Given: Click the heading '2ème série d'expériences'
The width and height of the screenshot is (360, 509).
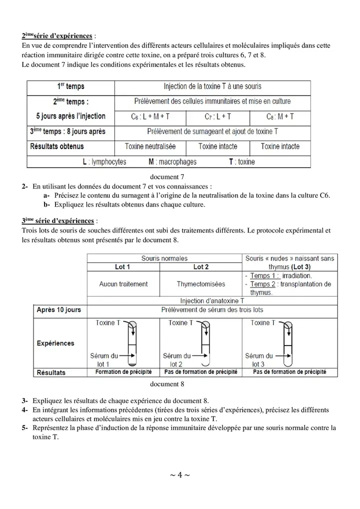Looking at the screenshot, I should point(57,36).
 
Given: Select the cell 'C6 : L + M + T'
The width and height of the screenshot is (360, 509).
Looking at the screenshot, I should point(150,116).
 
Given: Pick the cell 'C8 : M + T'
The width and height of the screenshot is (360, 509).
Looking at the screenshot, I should point(280,116).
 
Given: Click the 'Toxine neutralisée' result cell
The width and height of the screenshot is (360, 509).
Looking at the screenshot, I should point(150,146).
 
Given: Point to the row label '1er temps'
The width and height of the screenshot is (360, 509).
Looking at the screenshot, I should point(67,87).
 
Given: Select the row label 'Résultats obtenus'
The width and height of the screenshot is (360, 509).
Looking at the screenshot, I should point(57,146).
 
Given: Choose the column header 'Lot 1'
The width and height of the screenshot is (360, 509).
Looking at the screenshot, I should point(123,267).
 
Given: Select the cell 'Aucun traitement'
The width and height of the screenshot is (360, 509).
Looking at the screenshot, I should point(123,284).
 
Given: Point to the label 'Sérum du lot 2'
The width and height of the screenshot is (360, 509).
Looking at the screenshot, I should point(175,360).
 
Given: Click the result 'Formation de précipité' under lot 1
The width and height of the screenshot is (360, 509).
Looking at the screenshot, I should point(123,372).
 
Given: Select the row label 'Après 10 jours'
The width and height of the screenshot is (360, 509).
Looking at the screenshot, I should point(58,310).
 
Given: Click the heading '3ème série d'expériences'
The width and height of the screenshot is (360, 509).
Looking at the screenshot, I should point(57,220).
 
